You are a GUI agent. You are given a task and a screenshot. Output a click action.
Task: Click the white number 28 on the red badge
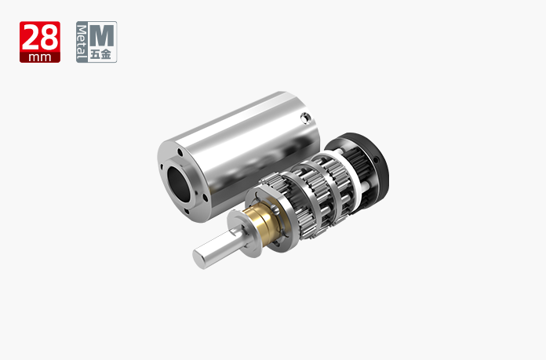(x=40, y=38)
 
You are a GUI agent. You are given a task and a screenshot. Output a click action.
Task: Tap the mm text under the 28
(x=40, y=57)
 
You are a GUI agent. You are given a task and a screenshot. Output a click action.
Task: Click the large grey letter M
(x=101, y=35)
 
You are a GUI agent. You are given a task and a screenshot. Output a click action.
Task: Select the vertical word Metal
(x=82, y=42)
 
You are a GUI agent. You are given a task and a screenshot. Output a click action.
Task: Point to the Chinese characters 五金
(x=101, y=54)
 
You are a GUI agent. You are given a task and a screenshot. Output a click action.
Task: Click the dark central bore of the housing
(x=179, y=184)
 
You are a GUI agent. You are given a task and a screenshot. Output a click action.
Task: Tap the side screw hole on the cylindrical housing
(x=305, y=118)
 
